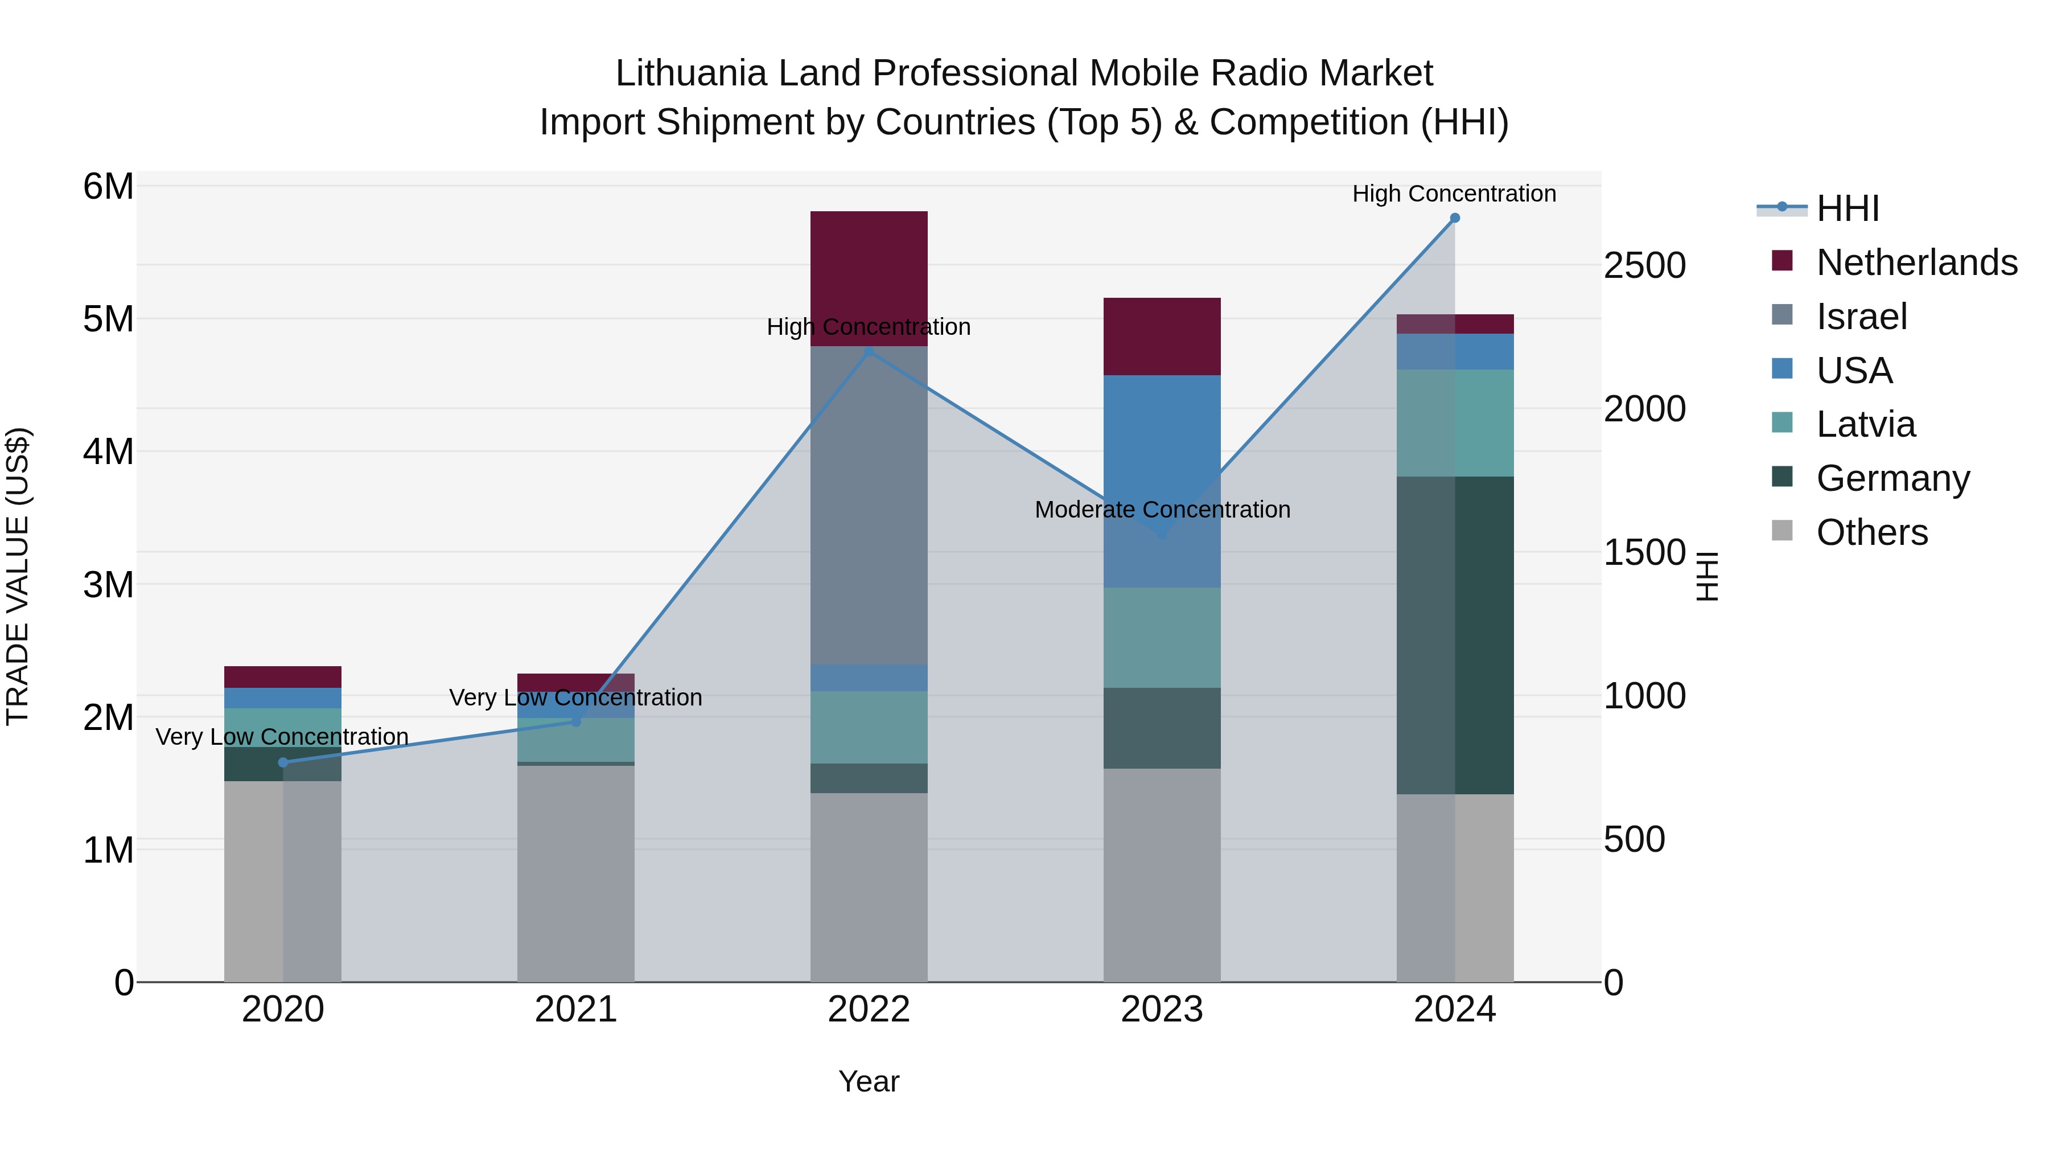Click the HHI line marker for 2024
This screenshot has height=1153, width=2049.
(x=1455, y=218)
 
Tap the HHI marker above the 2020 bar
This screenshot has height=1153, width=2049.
(x=283, y=762)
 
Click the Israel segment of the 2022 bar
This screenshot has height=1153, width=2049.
(x=869, y=504)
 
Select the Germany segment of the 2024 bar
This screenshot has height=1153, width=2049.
(x=1455, y=635)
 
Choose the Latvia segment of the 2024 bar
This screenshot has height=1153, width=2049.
(x=1455, y=422)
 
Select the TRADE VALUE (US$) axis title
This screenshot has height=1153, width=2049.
(x=18, y=576)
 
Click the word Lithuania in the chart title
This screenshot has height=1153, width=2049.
(x=690, y=73)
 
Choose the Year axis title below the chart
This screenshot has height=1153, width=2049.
(x=869, y=1081)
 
